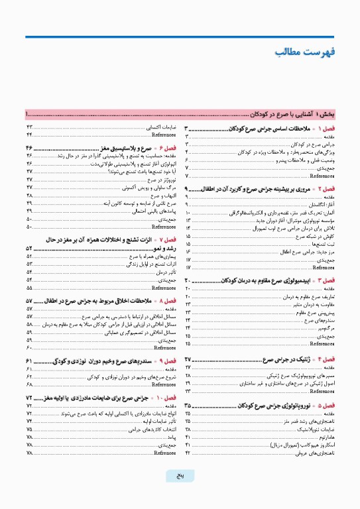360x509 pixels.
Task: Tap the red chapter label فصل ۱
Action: pyautogui.click(x=327, y=127)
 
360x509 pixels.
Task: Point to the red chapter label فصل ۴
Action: pyautogui.click(x=328, y=359)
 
